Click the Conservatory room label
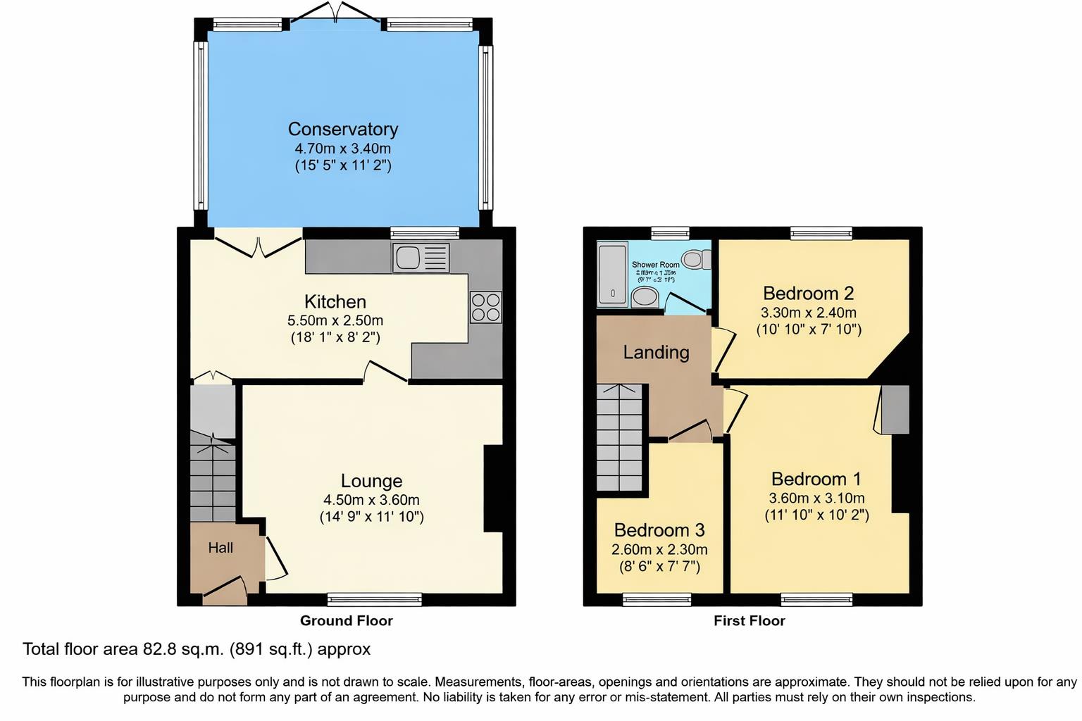click(342, 129)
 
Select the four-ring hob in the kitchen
click(486, 307)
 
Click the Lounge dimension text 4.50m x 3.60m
click(371, 500)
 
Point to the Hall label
click(220, 548)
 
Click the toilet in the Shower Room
click(697, 260)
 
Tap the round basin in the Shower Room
click(645, 297)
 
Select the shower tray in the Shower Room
click(612, 275)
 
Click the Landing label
click(656, 352)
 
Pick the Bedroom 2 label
click(809, 293)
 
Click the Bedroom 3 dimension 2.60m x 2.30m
click(659, 549)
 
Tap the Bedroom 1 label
click(816, 479)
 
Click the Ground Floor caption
click(346, 620)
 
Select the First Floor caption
click(749, 620)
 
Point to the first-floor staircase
click(620, 437)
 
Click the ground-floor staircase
click(213, 478)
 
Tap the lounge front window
click(374, 599)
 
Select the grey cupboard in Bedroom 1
click(895, 409)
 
